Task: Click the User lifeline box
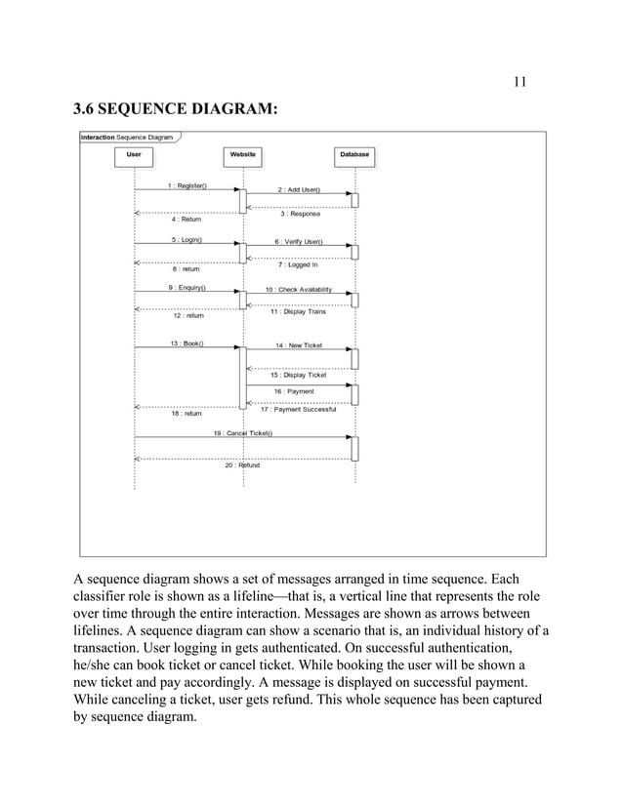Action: [134, 154]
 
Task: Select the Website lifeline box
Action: [242, 154]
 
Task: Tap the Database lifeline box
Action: [354, 154]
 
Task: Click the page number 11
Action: [519, 81]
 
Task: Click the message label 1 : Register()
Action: [187, 185]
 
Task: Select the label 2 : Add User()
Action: [299, 189]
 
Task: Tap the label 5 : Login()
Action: [187, 238]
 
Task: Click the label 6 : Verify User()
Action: [299, 241]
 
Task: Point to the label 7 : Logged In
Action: [299, 264]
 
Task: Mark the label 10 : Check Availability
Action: [299, 290]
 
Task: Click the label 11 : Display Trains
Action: [299, 312]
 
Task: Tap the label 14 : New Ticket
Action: [299, 345]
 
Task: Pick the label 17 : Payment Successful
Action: [299, 409]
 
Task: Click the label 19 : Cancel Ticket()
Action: [243, 432]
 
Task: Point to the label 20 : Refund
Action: [242, 465]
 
